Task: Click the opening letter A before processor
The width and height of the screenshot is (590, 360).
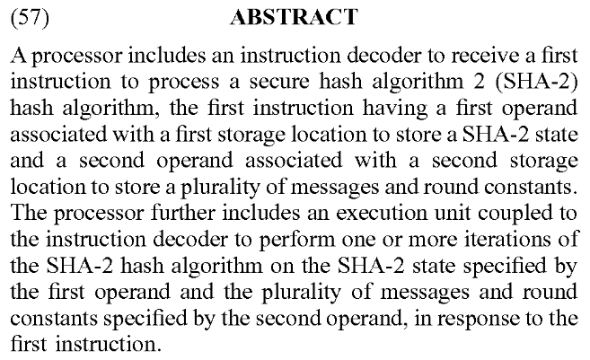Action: [20, 56]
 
